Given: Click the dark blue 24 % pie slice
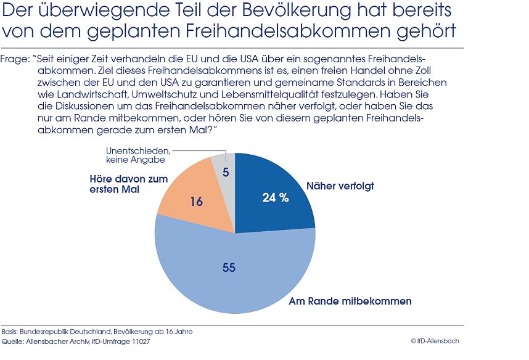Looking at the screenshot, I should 271,191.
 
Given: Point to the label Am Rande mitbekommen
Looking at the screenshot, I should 350,301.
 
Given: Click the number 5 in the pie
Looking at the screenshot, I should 226,173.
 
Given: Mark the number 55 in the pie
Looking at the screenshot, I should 229,268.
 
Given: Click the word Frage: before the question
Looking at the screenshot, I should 16,59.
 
